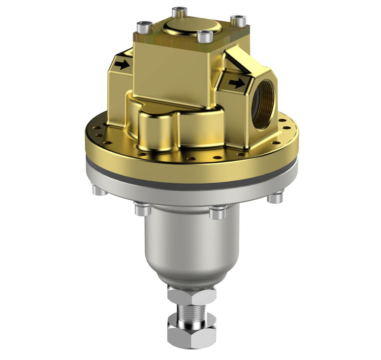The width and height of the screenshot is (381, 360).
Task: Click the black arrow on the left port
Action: (122, 65)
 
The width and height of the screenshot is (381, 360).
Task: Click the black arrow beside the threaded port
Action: (237, 83)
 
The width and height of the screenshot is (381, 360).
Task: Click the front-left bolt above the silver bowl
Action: (142, 209)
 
